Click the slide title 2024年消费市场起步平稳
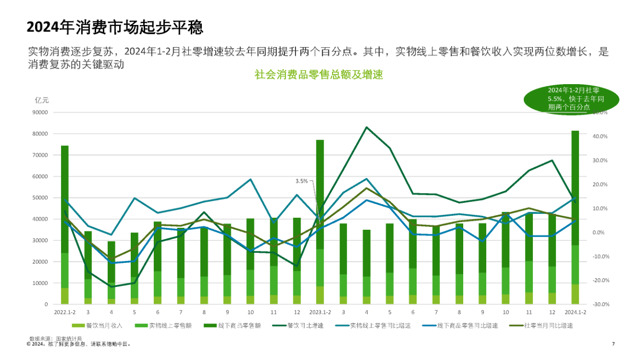(x=115, y=27)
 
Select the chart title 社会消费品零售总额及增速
(x=318, y=75)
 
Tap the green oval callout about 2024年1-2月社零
(x=571, y=98)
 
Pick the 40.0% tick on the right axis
(x=600, y=137)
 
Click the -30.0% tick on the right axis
(x=600, y=304)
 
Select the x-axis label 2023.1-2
(x=319, y=312)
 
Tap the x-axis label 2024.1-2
(x=575, y=312)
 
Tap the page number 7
(x=613, y=344)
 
